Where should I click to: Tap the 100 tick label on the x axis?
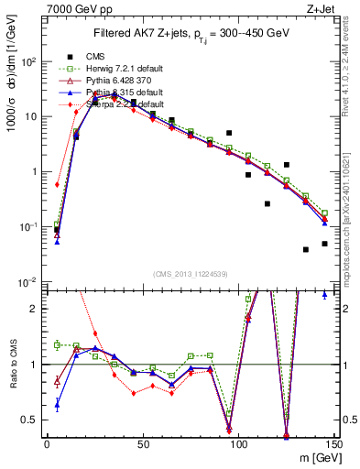click(x=238, y=443)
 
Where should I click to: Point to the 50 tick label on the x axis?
click(x=143, y=443)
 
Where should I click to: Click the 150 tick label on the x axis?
click(x=333, y=443)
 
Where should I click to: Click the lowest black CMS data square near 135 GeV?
click(x=306, y=249)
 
